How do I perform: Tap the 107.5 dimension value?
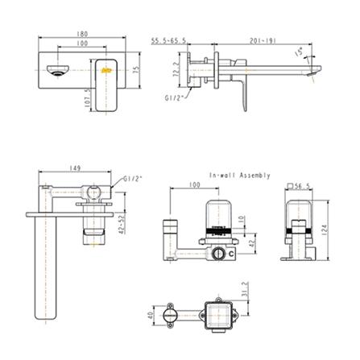[85, 100]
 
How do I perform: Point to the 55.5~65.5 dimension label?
[170, 39]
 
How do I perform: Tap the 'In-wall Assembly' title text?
[239, 175]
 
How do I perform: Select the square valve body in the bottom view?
[219, 317]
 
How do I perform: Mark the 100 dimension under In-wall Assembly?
[194, 186]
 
